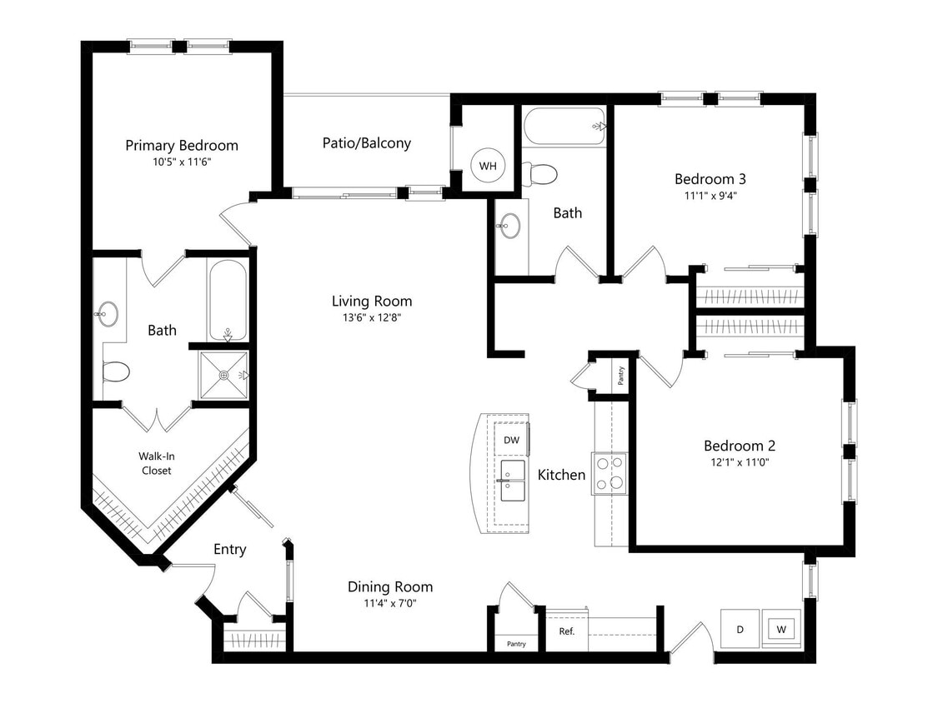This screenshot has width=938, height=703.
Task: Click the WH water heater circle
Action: tap(487, 166)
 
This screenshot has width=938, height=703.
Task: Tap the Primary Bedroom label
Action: tap(181, 146)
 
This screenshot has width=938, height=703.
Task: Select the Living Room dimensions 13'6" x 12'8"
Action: tap(371, 317)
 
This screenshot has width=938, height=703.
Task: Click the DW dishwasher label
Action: tap(511, 440)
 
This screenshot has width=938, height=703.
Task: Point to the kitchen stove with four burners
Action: tap(609, 473)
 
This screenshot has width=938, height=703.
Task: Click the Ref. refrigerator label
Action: tap(566, 631)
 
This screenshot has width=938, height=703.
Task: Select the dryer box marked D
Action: tap(740, 629)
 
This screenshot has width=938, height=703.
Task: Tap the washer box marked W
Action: tap(781, 629)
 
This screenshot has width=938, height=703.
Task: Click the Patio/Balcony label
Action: tap(366, 143)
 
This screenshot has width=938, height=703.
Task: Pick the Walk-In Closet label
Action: tap(156, 463)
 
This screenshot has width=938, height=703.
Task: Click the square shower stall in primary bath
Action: tap(223, 375)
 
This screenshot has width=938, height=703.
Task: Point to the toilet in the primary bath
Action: tap(115, 370)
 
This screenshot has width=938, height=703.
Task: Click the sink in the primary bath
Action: tap(106, 314)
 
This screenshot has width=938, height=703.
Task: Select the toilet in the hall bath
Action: tap(540, 173)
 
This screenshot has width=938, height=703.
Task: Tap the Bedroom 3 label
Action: tap(710, 178)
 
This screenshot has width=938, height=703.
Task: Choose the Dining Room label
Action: tap(389, 587)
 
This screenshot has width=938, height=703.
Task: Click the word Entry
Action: tap(229, 549)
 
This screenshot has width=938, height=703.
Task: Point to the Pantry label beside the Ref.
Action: tap(516, 644)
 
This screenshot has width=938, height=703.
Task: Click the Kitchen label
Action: tap(560, 475)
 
